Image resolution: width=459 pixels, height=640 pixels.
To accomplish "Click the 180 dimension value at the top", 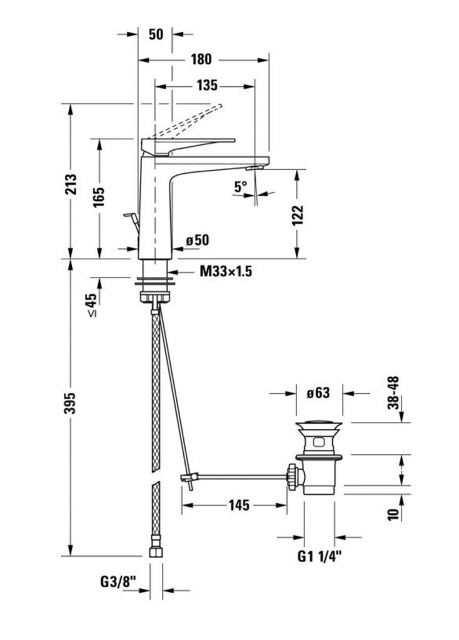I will [x=201, y=59].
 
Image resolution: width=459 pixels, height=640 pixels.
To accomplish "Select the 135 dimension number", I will [x=206, y=85].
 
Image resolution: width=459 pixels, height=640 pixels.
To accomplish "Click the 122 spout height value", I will [x=298, y=214].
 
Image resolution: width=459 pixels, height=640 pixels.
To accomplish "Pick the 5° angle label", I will [x=241, y=186].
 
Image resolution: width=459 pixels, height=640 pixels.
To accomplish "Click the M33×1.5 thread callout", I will [x=226, y=272].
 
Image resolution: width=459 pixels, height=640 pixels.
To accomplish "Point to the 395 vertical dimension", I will [x=70, y=407].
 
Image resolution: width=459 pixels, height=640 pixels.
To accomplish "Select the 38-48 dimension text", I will [x=393, y=392].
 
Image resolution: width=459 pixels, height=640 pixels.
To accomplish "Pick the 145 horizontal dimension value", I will [x=238, y=505].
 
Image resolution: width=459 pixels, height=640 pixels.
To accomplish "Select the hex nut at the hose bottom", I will [x=155, y=552].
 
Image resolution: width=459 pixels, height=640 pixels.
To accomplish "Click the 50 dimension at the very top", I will [x=155, y=34].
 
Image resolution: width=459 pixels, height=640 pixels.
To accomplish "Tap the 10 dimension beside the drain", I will [x=393, y=514].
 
